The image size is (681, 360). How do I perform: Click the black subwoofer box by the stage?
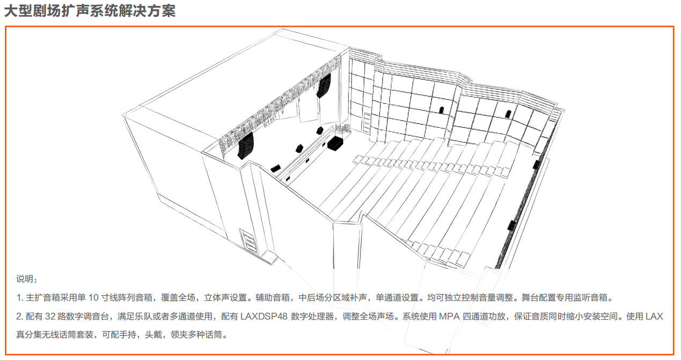(x=335, y=143)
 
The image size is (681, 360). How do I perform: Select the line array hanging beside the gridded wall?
(x=324, y=86)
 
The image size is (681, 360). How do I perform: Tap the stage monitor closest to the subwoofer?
(x=319, y=131)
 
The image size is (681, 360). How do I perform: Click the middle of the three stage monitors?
(x=299, y=149)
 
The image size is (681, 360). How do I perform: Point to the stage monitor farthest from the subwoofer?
(x=275, y=168)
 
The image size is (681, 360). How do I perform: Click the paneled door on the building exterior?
(x=248, y=240)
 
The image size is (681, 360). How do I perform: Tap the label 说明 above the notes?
(x=25, y=279)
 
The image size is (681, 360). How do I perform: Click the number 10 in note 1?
(x=93, y=297)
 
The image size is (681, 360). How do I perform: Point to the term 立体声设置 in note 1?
(x=225, y=297)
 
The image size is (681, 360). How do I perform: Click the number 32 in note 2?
(x=50, y=316)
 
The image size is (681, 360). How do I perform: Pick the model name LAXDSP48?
(x=264, y=316)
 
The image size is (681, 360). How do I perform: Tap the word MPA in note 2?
(x=449, y=316)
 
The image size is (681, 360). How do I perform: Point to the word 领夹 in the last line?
(x=179, y=335)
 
